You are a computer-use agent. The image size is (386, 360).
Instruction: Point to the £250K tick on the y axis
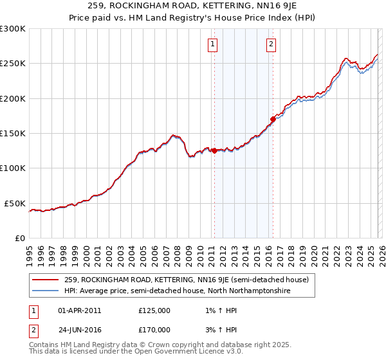tap(13, 64)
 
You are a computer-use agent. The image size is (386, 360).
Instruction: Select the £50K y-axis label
tap(15, 203)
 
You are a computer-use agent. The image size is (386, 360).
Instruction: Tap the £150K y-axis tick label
tap(13, 133)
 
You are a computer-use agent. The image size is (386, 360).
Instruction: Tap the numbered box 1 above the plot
tap(213, 44)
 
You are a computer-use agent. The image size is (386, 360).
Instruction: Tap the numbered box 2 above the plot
tap(271, 44)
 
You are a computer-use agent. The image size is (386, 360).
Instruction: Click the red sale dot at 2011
tap(214, 151)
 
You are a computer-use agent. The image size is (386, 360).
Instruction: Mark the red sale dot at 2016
tap(273, 119)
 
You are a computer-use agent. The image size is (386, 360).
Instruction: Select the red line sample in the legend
tap(46, 280)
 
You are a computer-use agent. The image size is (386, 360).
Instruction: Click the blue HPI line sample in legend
tap(46, 291)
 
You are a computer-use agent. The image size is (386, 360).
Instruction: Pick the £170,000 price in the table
tap(154, 329)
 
